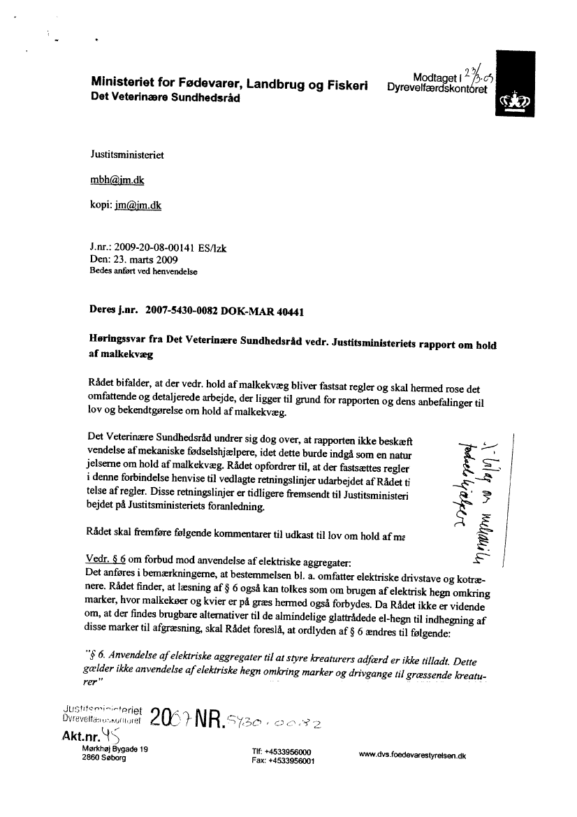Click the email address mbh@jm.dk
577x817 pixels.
coord(117,180)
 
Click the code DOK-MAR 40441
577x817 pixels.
coord(272,309)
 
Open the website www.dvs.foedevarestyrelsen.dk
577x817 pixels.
coord(411,755)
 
